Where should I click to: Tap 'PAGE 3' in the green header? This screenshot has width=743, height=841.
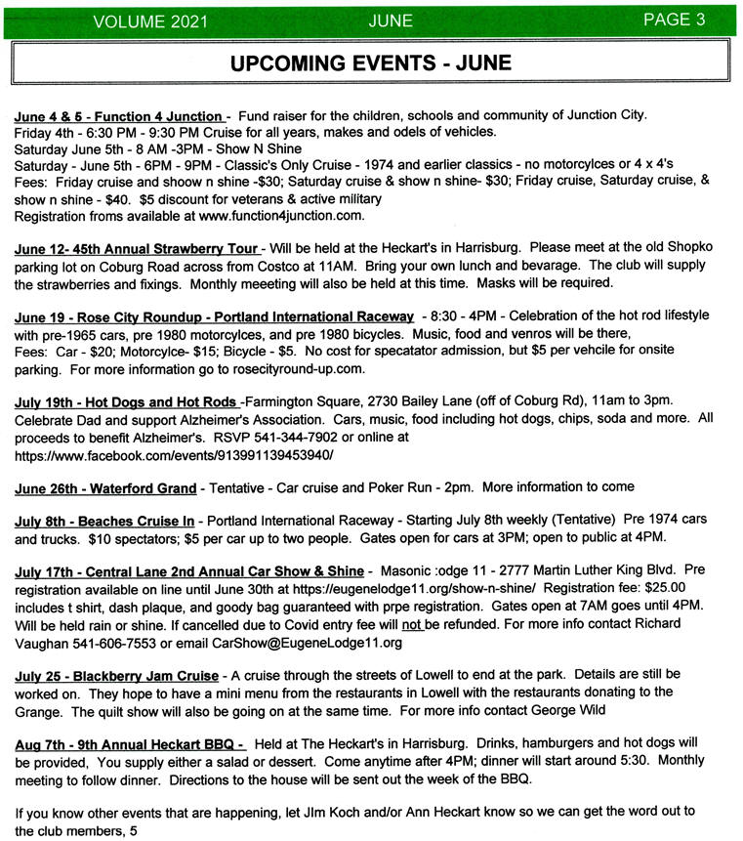point(673,20)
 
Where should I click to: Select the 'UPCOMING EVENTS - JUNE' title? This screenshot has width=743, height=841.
point(370,63)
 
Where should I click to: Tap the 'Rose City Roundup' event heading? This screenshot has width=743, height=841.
point(214,317)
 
